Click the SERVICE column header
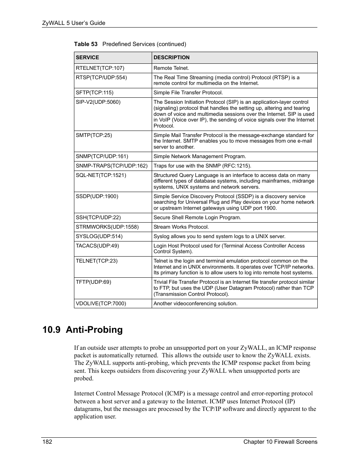click(x=88, y=58)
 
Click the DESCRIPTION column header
click(x=172, y=58)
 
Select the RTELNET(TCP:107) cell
click(x=100, y=68)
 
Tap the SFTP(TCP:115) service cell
click(x=95, y=92)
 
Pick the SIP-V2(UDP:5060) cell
click(x=98, y=102)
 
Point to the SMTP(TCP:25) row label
click(x=94, y=135)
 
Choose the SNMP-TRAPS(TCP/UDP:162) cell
click(x=112, y=166)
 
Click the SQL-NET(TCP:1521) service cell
click(x=101, y=175)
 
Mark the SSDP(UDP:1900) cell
click(x=97, y=196)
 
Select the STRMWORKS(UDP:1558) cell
click(x=107, y=227)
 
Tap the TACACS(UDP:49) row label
click(x=97, y=246)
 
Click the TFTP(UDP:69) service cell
click(x=94, y=282)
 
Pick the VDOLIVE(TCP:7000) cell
click(x=101, y=303)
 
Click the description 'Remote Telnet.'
click(x=171, y=68)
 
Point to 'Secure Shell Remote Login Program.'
click(x=197, y=217)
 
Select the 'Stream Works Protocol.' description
click(x=181, y=227)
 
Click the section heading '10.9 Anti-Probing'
click(x=83, y=330)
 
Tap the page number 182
click(x=47, y=442)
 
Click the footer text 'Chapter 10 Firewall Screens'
click(x=280, y=442)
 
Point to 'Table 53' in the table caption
click(x=86, y=44)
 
